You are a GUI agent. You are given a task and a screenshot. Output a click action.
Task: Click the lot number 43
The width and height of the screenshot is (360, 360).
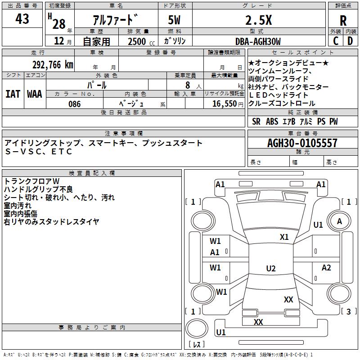pyautogui.click(x=22, y=19)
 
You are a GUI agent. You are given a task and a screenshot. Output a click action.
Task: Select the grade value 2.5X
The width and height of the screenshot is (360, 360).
pyautogui.click(x=258, y=20)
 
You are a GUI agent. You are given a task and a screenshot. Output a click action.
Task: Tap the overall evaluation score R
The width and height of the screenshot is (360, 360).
pyautogui.click(x=343, y=21)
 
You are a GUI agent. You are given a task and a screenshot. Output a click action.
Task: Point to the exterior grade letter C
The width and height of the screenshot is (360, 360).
pyautogui.click(x=336, y=41)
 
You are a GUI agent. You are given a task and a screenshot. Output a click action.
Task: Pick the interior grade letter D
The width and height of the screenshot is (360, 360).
pyautogui.click(x=350, y=41)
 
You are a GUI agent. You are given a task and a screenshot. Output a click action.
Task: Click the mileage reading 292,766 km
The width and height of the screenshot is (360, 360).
pyautogui.click(x=52, y=65)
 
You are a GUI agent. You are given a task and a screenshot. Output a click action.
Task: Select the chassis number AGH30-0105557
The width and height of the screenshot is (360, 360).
pyautogui.click(x=302, y=143)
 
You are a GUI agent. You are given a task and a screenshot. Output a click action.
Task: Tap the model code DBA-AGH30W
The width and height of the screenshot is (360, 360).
pyautogui.click(x=258, y=41)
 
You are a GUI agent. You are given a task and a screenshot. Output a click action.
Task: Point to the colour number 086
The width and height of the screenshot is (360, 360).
pyautogui.click(x=75, y=104)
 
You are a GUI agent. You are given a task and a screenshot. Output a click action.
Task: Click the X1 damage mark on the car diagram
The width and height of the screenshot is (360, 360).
pyautogui.click(x=284, y=237)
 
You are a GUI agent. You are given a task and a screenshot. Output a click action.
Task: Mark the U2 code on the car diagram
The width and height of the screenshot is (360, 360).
pyautogui.click(x=270, y=269)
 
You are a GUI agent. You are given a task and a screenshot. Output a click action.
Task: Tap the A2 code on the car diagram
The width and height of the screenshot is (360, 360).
pyautogui.click(x=326, y=268)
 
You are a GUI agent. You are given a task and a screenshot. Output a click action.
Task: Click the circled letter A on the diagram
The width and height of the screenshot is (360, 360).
pyautogui.click(x=339, y=221)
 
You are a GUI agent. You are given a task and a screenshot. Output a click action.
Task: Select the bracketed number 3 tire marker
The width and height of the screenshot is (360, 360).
pyautogui.click(x=348, y=311)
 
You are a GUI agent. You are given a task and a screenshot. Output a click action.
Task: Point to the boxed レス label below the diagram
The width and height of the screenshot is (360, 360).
pyautogui.click(x=197, y=345)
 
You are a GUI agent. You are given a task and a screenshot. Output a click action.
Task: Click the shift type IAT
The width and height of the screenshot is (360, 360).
pyautogui.click(x=13, y=94)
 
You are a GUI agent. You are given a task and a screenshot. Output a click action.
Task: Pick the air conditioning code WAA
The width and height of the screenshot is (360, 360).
pyautogui.click(x=35, y=94)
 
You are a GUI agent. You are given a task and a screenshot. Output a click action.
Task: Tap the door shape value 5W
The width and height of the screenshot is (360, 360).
pyautogui.click(x=175, y=20)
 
